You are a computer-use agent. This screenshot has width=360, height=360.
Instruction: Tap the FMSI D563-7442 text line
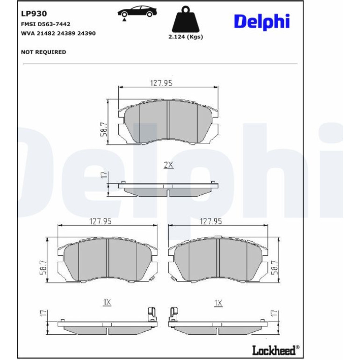(46, 24)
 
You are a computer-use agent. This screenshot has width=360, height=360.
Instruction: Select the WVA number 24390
(86, 33)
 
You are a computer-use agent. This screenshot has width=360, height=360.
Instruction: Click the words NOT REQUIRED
(43, 52)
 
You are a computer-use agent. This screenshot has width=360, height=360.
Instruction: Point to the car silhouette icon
(137, 12)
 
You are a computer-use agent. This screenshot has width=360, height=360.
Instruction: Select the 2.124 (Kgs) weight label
(186, 37)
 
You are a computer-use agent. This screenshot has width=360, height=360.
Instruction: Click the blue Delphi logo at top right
(262, 22)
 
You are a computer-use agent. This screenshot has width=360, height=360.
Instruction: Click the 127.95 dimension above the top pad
(161, 83)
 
